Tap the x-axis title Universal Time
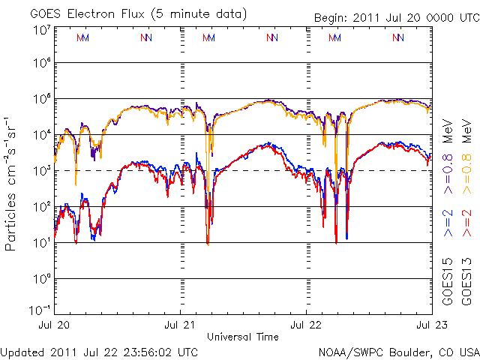coord(242,335)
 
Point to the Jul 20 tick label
coord(54,325)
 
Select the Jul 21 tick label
coord(180,325)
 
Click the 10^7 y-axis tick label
coord(40,30)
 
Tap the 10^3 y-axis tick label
coord(40,171)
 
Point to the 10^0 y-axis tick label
coord(40,279)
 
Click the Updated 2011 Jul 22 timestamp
coord(100,351)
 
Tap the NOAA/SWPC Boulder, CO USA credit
coord(398,351)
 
